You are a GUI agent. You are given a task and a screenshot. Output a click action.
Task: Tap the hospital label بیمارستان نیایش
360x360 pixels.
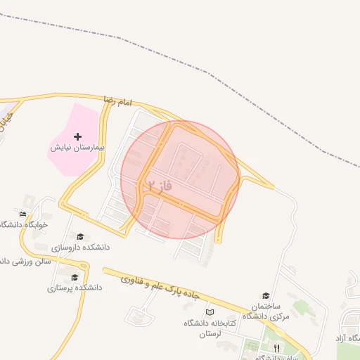click(x=77, y=148)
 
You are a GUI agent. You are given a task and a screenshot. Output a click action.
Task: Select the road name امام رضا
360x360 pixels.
click(x=117, y=101)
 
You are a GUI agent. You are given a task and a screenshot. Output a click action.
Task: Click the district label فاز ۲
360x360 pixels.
click(x=160, y=186)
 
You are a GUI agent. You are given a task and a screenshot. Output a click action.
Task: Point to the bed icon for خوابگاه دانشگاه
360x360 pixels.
click(x=23, y=214)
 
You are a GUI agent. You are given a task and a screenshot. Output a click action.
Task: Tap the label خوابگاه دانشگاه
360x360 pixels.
click(x=24, y=224)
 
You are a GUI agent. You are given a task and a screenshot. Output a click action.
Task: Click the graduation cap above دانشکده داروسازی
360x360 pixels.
click(x=80, y=236)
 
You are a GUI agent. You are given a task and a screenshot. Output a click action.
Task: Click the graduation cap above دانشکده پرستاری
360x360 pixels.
click(x=75, y=277)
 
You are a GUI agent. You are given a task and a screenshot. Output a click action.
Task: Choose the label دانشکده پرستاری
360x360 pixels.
click(x=75, y=288)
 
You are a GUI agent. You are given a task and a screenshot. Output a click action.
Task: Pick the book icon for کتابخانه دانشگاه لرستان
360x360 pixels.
click(x=208, y=312)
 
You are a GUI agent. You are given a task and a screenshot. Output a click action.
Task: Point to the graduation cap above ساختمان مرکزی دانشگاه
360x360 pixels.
click(x=266, y=295)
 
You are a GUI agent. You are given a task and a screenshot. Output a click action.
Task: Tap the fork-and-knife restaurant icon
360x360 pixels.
click(x=276, y=348)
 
